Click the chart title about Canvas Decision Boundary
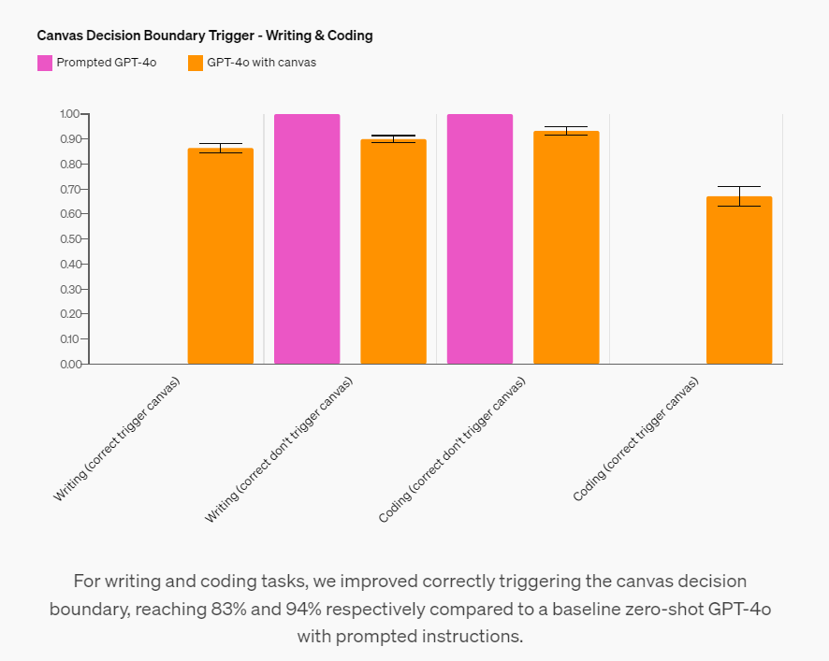(205, 36)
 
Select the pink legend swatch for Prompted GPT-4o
(45, 63)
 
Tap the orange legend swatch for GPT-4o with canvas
(196, 63)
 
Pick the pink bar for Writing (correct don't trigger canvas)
(307, 238)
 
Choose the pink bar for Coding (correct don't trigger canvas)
(480, 238)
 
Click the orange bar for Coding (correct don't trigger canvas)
(566, 247)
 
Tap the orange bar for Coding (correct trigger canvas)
(739, 280)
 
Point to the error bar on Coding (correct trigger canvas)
(739, 195)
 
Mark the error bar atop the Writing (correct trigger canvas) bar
(220, 148)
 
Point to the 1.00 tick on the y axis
(71, 114)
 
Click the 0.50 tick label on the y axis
(71, 239)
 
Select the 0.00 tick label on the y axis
(71, 364)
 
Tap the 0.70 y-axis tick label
(71, 189)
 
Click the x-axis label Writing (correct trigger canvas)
(117, 439)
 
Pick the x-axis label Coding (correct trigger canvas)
(636, 439)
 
